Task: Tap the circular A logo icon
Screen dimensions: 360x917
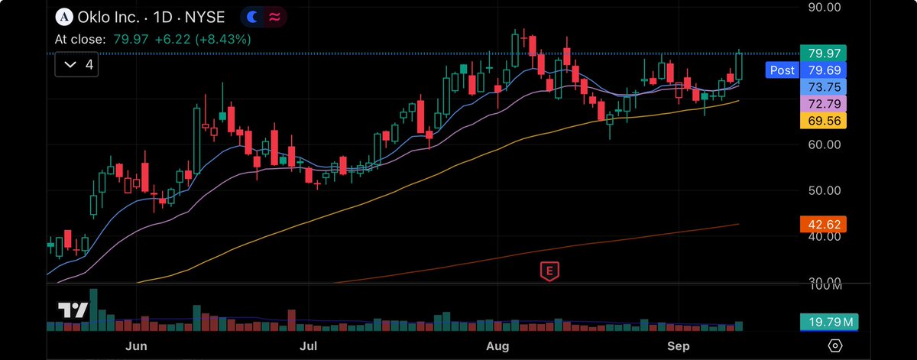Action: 64,16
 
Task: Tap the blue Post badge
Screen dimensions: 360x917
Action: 782,70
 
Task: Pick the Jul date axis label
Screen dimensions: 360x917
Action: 308,346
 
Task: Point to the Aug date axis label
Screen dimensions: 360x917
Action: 497,346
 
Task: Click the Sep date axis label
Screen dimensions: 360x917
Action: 678,346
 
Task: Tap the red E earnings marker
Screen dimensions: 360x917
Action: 547,270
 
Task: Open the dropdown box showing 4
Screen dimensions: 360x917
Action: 79,65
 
